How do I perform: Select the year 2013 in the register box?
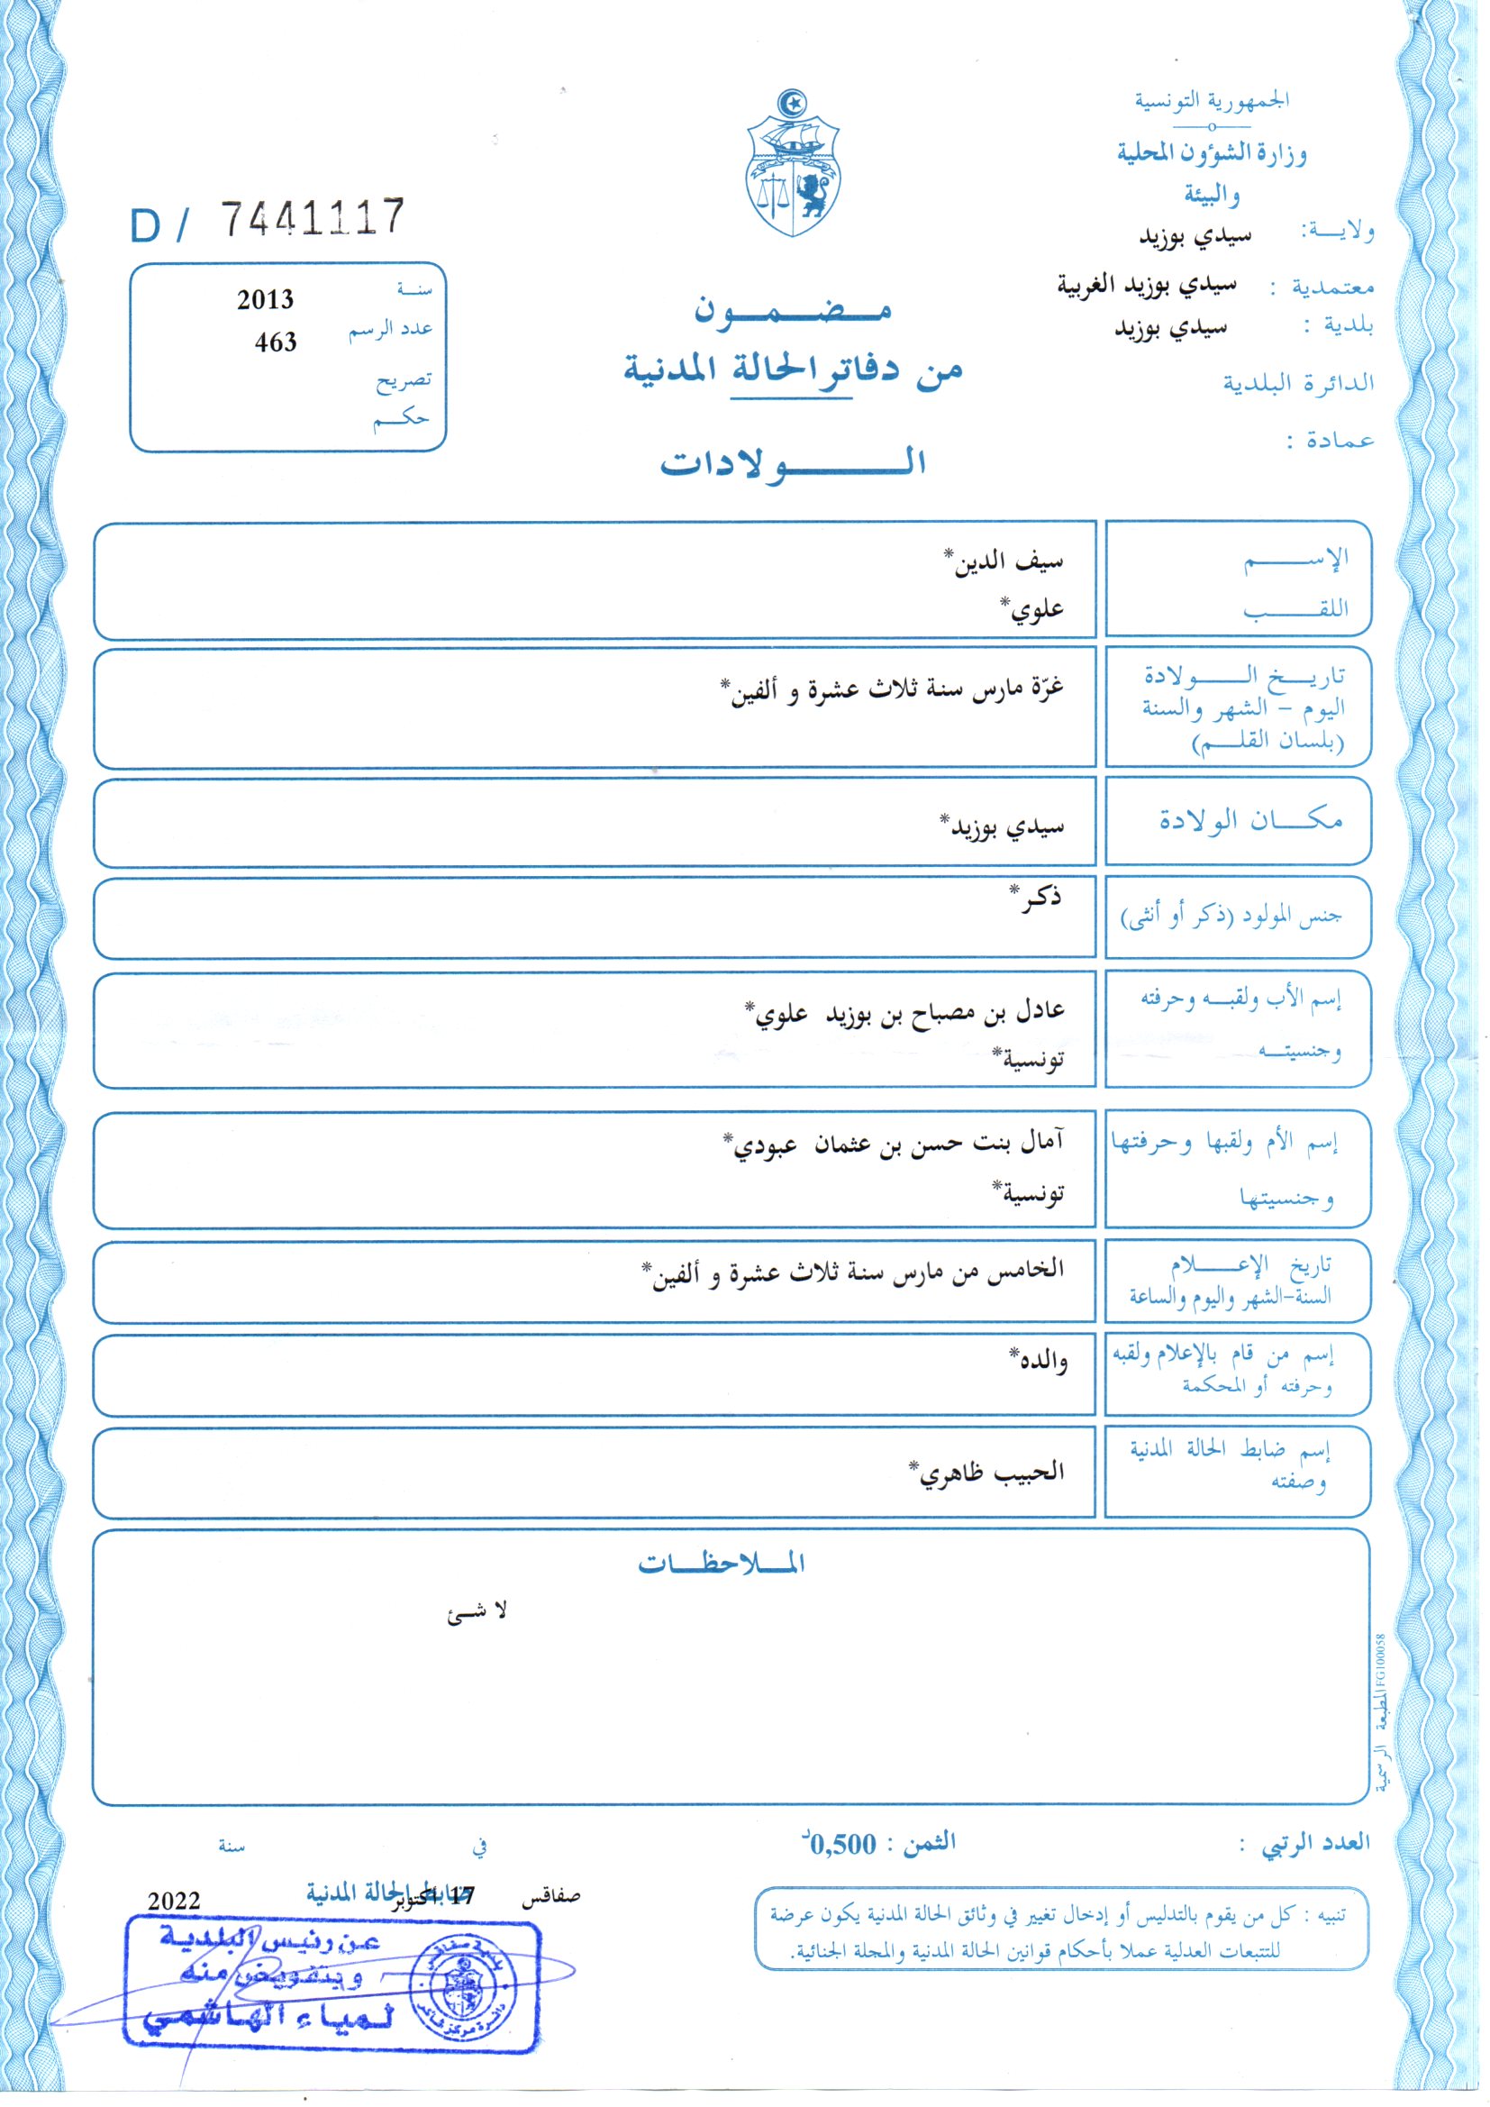point(265,300)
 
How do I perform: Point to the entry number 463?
point(276,342)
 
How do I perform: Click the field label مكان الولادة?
point(1249,820)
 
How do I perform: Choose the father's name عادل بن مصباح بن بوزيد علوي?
point(904,1011)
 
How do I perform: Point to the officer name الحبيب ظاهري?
point(986,1473)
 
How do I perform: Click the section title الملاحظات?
point(722,1564)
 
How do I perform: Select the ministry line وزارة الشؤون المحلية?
point(1211,152)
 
